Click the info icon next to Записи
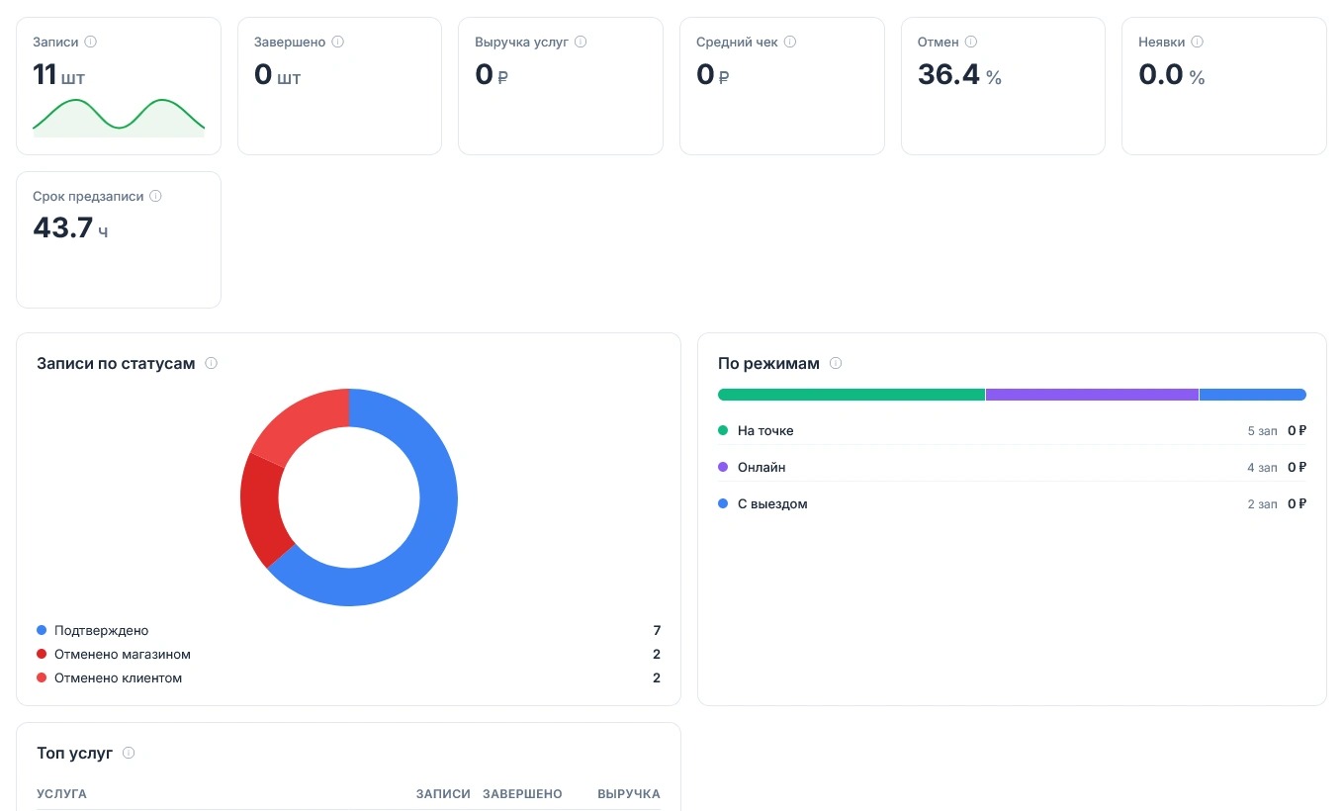point(90,42)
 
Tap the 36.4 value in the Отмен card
point(947,75)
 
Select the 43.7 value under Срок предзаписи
point(63,227)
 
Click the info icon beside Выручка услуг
point(581,42)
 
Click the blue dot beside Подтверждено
point(42,630)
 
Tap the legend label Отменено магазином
point(123,654)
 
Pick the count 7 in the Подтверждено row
point(657,630)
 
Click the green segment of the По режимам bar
point(851,395)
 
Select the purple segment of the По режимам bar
point(1092,395)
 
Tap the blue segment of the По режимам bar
point(1252,395)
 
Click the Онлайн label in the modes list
point(761,467)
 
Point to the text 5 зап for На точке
point(1263,430)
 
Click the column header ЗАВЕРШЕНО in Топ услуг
point(522,793)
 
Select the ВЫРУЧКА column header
point(629,793)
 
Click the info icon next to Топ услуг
point(129,753)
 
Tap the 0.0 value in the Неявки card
point(1161,75)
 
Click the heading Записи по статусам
point(116,363)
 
